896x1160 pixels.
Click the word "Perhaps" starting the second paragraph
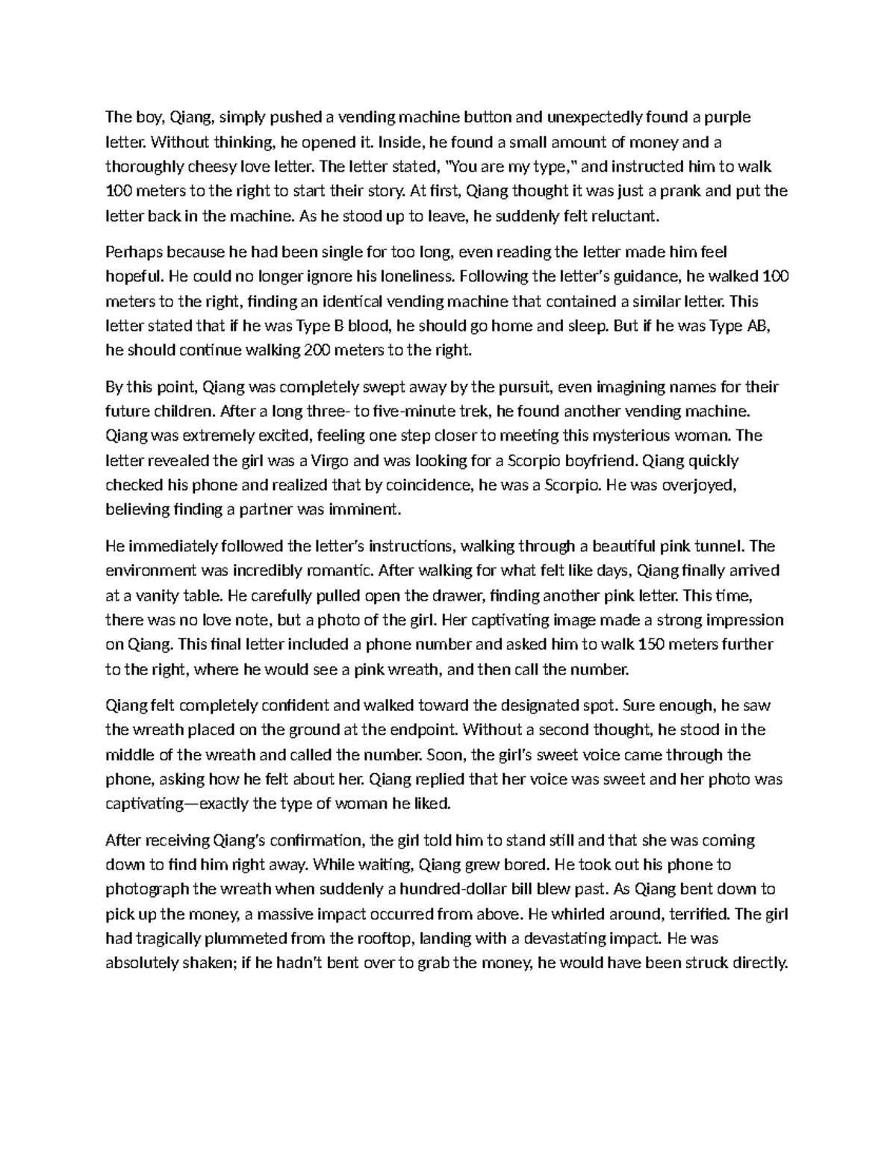[132, 252]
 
